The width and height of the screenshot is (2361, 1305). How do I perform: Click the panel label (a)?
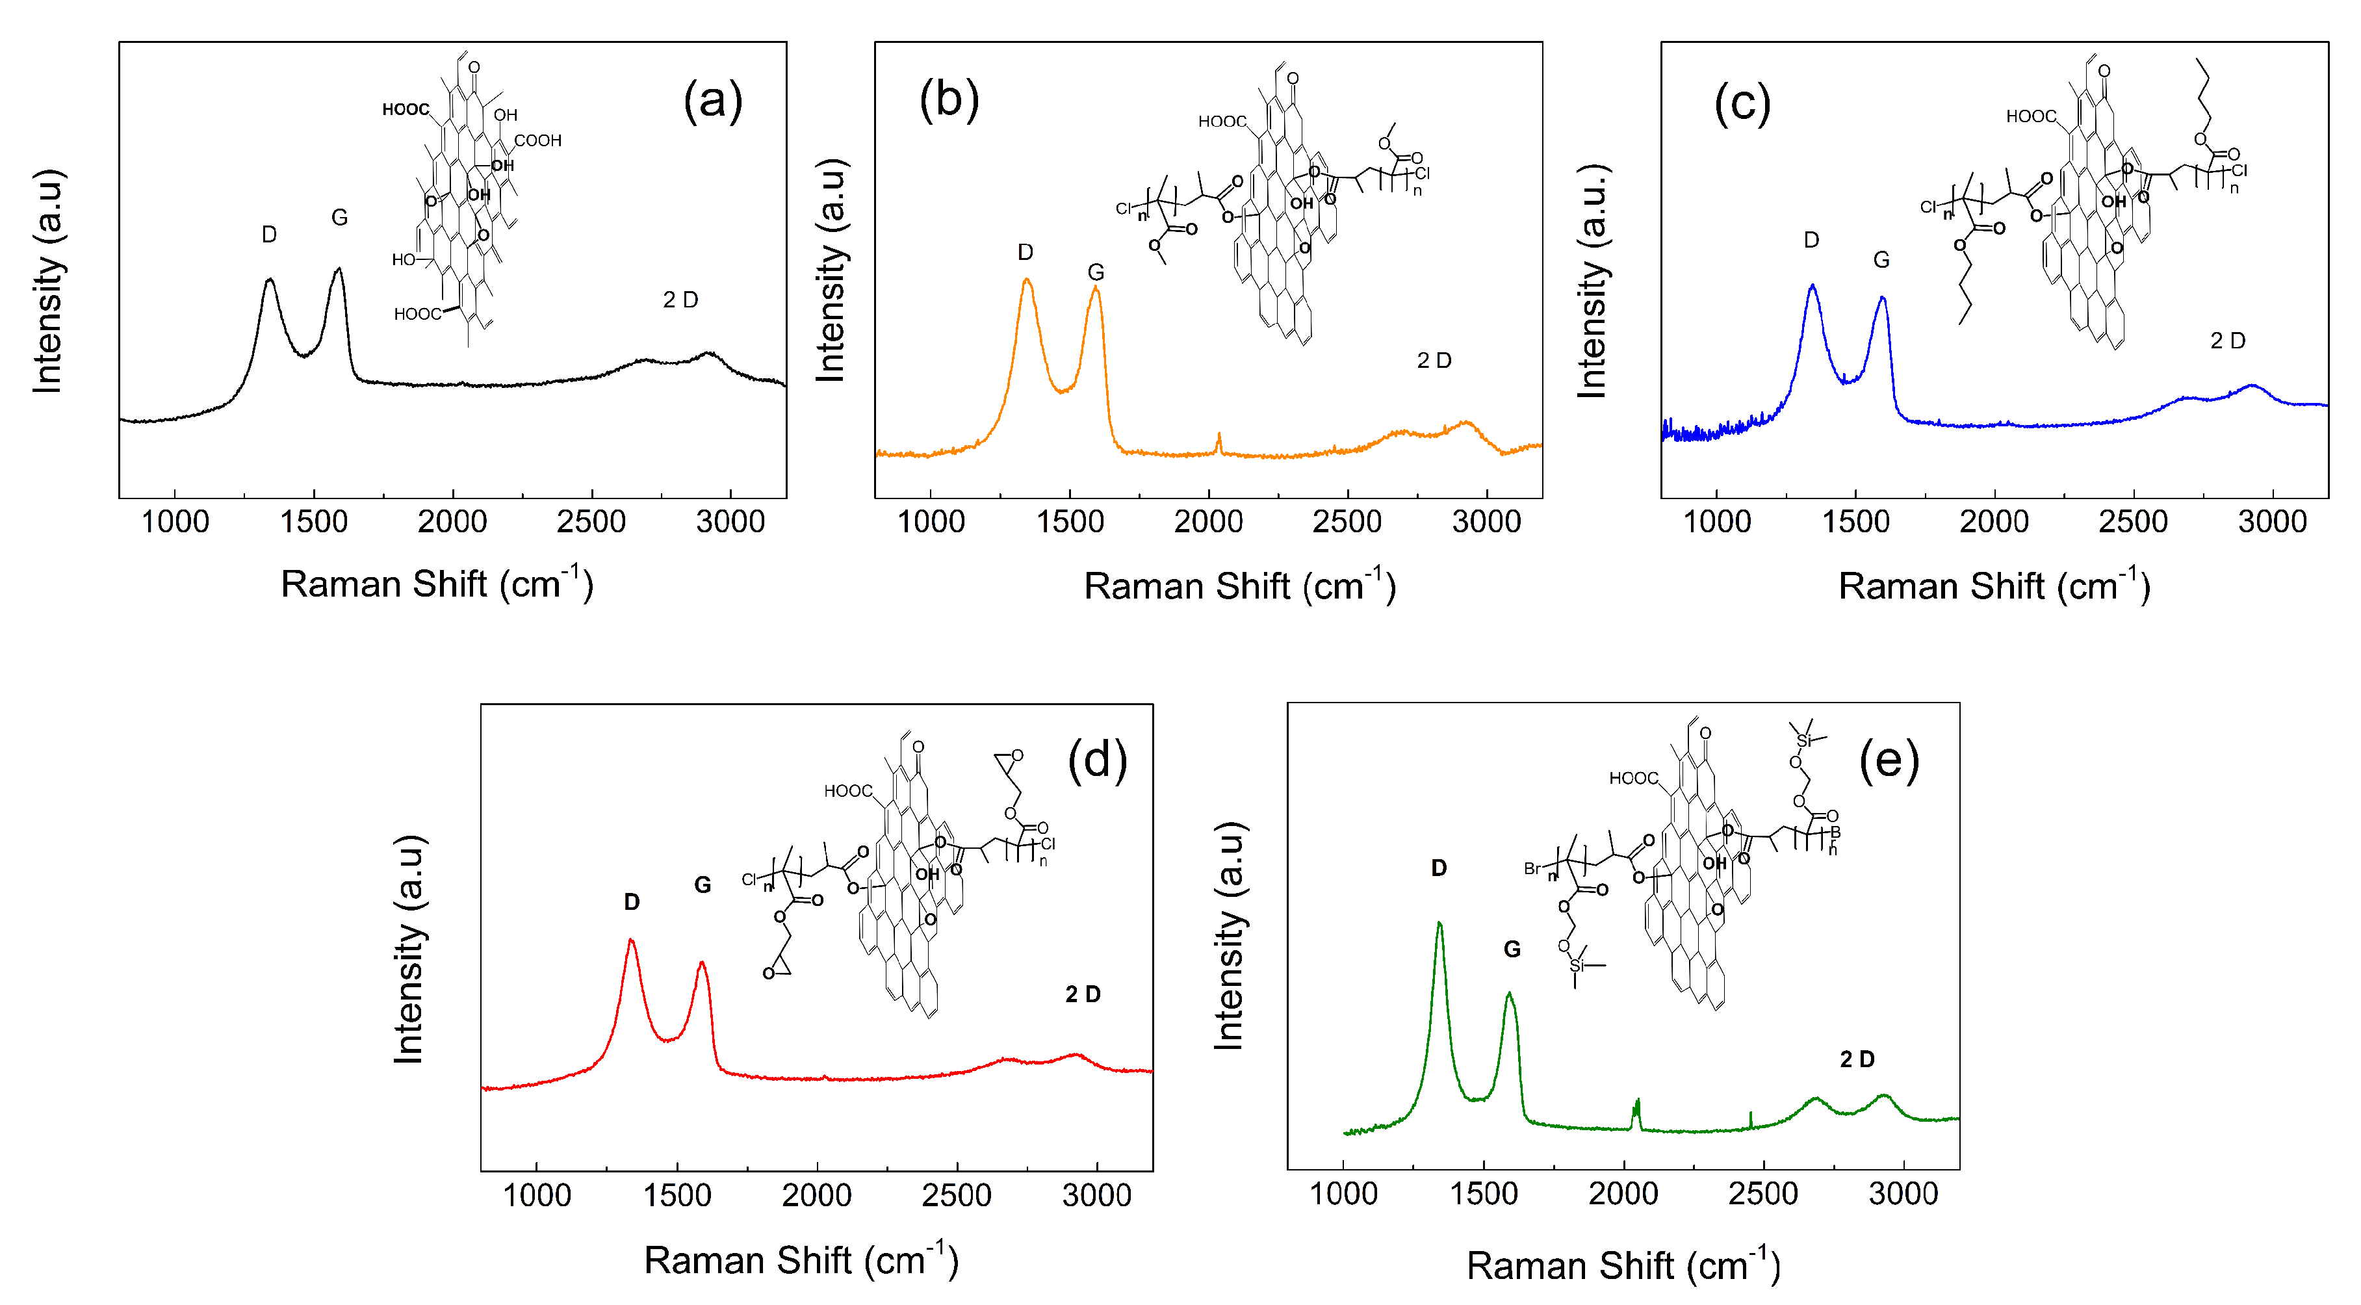pos(712,101)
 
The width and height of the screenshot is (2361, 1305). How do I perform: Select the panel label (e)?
pos(1888,760)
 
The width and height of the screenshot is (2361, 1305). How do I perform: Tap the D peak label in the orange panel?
pos(1025,252)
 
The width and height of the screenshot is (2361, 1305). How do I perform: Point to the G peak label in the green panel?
pos(1512,950)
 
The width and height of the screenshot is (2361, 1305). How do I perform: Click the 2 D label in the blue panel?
pos(2227,341)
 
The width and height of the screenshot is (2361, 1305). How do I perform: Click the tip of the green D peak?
pos(1439,923)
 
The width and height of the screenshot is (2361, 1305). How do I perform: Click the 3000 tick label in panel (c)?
pos(2271,523)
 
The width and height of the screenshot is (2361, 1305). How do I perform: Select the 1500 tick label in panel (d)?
pos(677,1196)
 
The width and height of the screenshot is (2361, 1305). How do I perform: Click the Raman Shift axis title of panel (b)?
pos(1239,586)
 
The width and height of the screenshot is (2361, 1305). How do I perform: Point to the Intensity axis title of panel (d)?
pos(409,950)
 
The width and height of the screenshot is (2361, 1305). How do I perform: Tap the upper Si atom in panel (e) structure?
pos(1804,740)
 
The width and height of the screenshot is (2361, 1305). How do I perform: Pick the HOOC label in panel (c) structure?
pos(2030,116)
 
